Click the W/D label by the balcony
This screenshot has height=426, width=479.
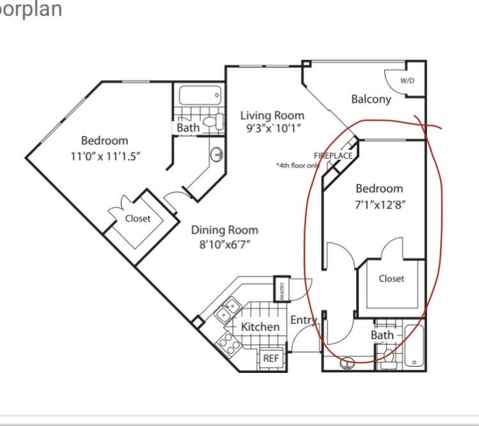coord(407,81)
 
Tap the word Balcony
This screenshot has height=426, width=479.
coord(371,99)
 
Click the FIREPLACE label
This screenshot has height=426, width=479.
coord(333,155)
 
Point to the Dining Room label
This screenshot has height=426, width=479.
coord(224,230)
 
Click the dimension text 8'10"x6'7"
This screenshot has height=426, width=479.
coord(224,245)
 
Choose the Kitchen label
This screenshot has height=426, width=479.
coord(260,327)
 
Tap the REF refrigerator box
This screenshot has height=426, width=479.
coord(271,358)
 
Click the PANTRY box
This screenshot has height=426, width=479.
coord(281,289)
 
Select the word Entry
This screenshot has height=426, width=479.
coord(303,320)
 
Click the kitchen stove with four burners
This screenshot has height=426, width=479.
coord(228,343)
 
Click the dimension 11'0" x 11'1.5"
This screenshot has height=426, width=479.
coord(105,157)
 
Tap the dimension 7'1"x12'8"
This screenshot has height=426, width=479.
coord(380,205)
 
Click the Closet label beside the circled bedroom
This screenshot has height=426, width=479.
coord(391,278)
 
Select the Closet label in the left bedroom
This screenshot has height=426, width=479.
coord(137,219)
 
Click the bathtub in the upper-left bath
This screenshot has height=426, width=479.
coord(200,95)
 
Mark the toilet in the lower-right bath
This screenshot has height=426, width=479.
coord(389,358)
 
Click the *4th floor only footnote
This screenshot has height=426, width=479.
coord(298,166)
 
